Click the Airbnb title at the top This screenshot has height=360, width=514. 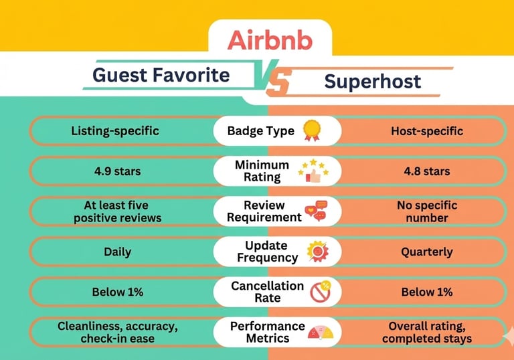pyautogui.click(x=270, y=40)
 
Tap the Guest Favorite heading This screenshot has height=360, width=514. pyautogui.click(x=161, y=75)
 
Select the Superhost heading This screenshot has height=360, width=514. pyautogui.click(x=373, y=82)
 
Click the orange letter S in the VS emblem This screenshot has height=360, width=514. pyautogui.click(x=278, y=83)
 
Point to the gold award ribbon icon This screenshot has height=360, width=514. pyautogui.click(x=311, y=130)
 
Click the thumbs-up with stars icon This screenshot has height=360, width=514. pyautogui.click(x=313, y=171)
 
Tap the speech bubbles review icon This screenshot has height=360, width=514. pyautogui.click(x=317, y=211)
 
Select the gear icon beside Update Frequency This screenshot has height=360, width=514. pyautogui.click(x=317, y=252)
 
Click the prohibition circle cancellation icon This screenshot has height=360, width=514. pyautogui.click(x=321, y=292)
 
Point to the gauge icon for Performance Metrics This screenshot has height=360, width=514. pyautogui.click(x=321, y=332)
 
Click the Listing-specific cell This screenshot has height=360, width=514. pyautogui.click(x=115, y=131)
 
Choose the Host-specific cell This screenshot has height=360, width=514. pyautogui.click(x=427, y=131)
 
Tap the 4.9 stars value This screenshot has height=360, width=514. pyautogui.click(x=117, y=171)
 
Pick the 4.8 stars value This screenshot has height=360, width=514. pyautogui.click(x=427, y=171)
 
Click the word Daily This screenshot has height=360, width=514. pyautogui.click(x=117, y=252)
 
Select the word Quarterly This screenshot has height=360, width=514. pyautogui.click(x=427, y=252)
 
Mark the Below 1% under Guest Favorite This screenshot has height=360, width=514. pyautogui.click(x=117, y=292)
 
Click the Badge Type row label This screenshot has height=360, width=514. pyautogui.click(x=261, y=131)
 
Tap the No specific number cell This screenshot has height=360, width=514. pyautogui.click(x=427, y=211)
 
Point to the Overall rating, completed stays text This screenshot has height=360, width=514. pyautogui.click(x=427, y=332)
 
